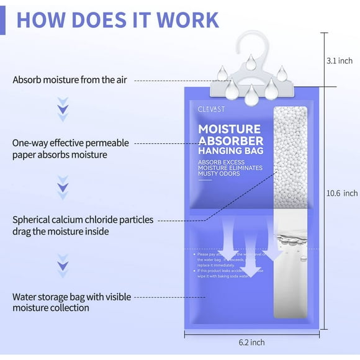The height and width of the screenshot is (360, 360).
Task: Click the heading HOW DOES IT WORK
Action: (x=117, y=19)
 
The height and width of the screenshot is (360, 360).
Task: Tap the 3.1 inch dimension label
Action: (x=339, y=61)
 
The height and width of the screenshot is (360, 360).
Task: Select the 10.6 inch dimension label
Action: (x=342, y=193)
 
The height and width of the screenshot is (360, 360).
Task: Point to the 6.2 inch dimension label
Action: (x=251, y=342)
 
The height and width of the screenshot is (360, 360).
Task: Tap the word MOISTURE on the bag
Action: (x=228, y=129)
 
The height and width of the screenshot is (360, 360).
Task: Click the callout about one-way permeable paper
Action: (x=70, y=148)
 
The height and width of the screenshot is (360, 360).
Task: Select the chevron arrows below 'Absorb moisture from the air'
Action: (x=62, y=108)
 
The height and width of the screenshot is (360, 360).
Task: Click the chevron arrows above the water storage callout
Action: (x=62, y=263)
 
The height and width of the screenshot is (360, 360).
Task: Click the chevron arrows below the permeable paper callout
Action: (x=62, y=186)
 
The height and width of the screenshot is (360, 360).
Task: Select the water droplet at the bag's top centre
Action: (x=251, y=96)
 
